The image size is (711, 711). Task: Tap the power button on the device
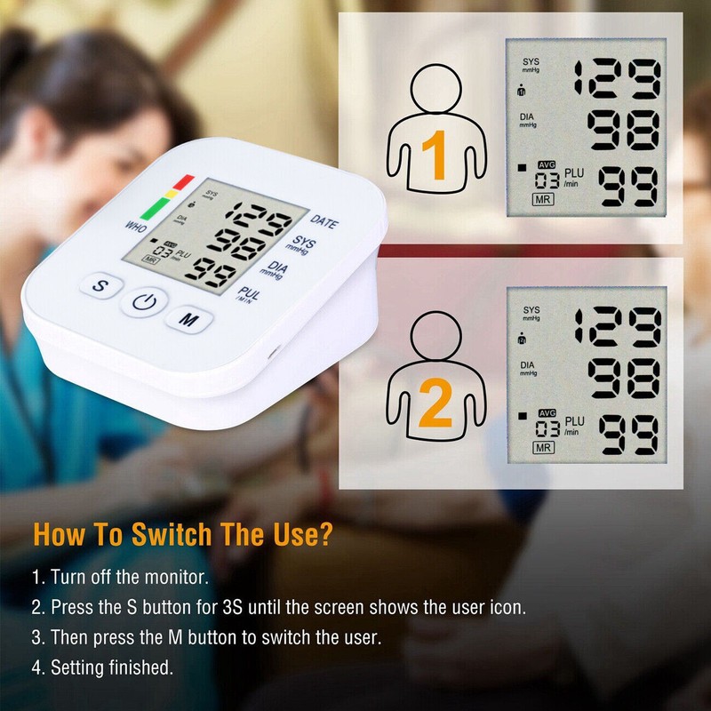point(145,302)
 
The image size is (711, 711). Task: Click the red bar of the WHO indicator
point(183,183)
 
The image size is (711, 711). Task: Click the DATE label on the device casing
point(324,221)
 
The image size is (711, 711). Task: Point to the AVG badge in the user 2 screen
point(545,412)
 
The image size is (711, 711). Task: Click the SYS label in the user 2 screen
point(531,312)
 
